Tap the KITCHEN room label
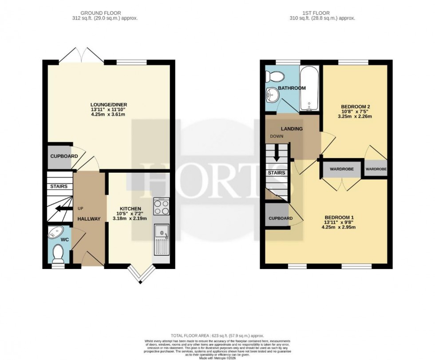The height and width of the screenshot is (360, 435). (130, 209)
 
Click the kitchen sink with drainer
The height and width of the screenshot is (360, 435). (161, 239)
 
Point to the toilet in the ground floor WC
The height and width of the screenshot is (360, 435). (58, 253)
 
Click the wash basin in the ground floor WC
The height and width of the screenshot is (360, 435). (56, 232)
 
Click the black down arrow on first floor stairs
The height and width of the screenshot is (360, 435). (277, 154)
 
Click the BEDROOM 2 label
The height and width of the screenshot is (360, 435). (355, 107)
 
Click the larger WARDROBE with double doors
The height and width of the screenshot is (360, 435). (341, 169)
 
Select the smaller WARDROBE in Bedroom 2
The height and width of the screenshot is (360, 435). (376, 169)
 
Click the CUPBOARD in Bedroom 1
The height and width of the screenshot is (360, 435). (280, 218)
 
